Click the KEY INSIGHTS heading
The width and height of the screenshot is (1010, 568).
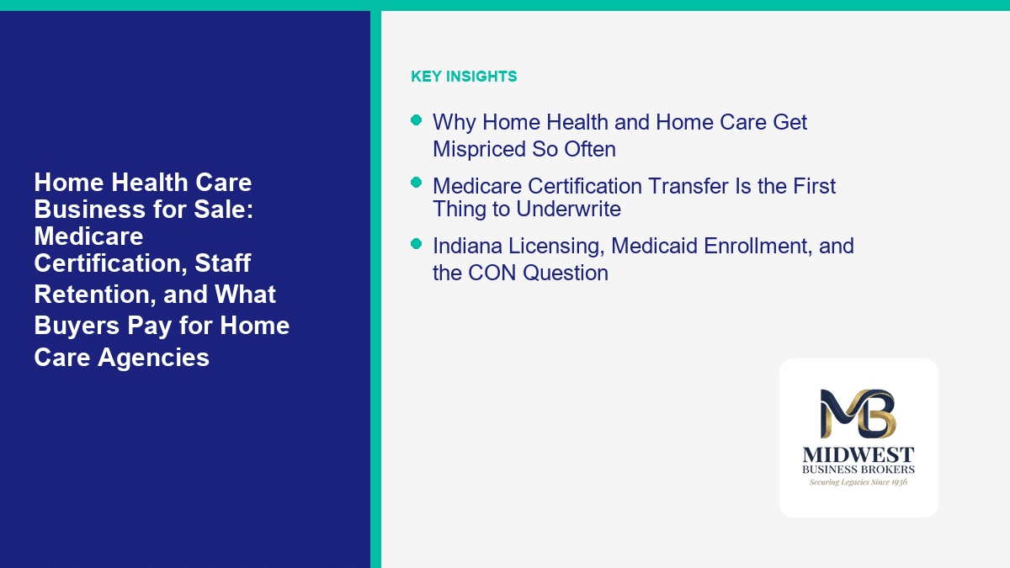click(x=464, y=77)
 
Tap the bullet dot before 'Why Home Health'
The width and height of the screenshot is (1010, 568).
click(x=416, y=119)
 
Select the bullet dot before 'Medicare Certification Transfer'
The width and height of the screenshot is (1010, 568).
click(x=416, y=182)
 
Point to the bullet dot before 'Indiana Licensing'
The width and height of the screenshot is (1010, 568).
click(x=416, y=244)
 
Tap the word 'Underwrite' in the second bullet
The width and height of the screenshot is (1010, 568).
click(x=568, y=210)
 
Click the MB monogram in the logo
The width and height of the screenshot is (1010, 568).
click(x=858, y=413)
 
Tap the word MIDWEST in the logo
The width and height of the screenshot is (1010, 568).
click(x=858, y=455)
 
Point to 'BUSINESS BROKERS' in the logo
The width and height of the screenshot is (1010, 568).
click(x=858, y=470)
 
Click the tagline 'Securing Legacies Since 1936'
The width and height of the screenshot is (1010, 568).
click(x=858, y=482)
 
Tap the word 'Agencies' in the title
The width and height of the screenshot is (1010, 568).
click(x=153, y=358)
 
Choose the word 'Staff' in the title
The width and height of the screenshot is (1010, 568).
click(x=223, y=263)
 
